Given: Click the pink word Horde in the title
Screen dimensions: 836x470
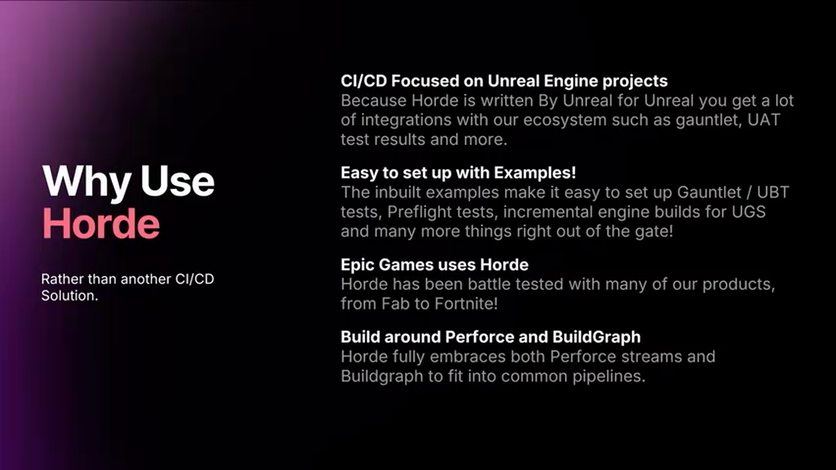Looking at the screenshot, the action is coord(101,223).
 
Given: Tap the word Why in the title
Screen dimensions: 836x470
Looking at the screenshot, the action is coord(87,183).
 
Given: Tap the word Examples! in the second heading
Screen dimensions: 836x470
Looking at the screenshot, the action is coord(535,173).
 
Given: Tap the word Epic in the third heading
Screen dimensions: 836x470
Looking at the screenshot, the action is coord(357,266).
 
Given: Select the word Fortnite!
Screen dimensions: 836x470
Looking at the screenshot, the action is coord(466,304).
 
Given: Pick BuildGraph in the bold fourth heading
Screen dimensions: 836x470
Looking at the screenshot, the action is coord(596,338).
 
